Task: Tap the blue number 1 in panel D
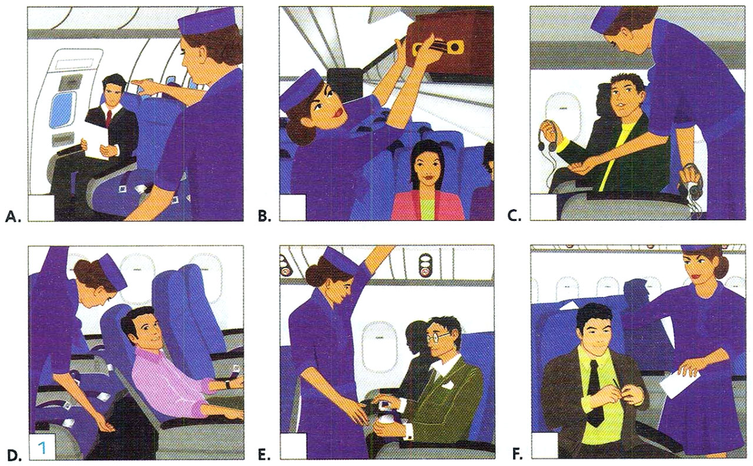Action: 42,448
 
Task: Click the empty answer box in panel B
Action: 293,209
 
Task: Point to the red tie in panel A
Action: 108,118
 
